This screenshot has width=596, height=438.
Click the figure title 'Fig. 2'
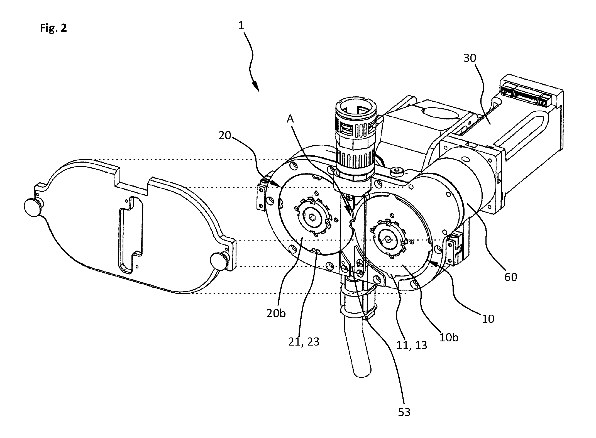coord(53,28)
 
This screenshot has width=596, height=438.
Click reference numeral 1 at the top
coord(241,26)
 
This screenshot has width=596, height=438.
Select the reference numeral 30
coord(470,58)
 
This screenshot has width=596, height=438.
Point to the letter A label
coord(290,119)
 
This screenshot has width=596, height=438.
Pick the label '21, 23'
coord(304,342)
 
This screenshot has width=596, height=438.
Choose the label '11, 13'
coord(411,345)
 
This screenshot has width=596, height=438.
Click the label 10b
coord(448,337)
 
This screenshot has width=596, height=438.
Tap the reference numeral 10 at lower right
coord(488,319)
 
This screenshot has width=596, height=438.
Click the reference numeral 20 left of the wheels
coord(225,136)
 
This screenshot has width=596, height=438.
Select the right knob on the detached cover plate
coord(219,261)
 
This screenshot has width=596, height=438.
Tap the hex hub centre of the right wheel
coord(387,239)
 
